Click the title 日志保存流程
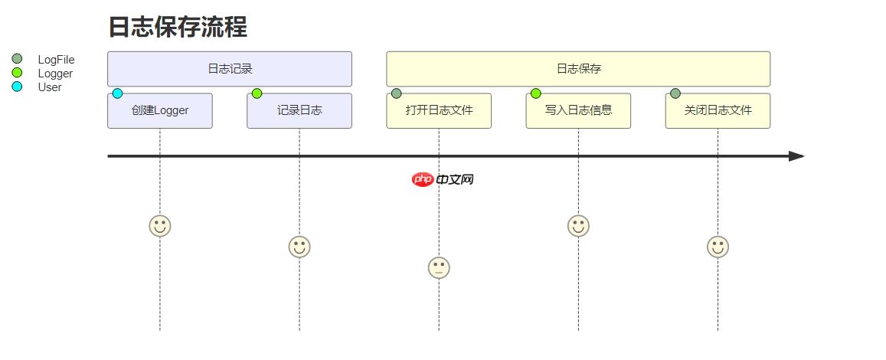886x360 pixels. coord(177,28)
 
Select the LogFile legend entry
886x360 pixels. coord(56,60)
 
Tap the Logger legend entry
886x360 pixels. coord(55,74)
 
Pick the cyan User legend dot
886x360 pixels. coord(18,87)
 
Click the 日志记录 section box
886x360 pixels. coord(230,69)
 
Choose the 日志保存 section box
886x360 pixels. coord(578,69)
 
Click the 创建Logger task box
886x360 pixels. coord(160,110)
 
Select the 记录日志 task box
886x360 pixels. coord(299,110)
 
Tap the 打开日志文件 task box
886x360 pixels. coord(439,110)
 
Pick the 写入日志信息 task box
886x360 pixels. coord(578,110)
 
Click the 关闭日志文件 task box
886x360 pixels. coord(718,110)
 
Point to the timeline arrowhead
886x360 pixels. coord(796,156)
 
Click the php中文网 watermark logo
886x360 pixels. coord(443,179)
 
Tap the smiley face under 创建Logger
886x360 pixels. coord(160,226)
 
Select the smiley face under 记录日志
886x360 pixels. coord(299,247)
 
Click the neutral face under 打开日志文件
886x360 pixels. coord(439,267)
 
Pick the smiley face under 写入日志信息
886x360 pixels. coord(578,226)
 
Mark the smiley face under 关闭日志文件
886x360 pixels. coord(718,247)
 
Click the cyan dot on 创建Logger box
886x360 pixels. coord(117,93)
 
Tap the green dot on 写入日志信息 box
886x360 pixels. coord(535,93)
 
